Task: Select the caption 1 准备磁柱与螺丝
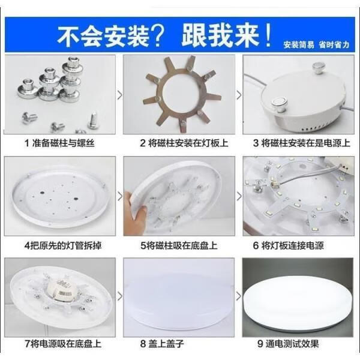[x=59, y=143]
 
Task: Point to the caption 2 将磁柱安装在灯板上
[x=179, y=143]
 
